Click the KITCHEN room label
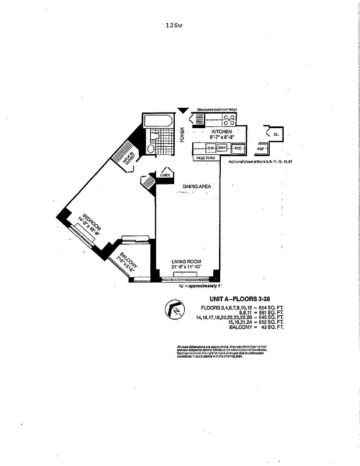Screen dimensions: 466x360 point(221,132)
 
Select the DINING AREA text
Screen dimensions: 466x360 point(197,186)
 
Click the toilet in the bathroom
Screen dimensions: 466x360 point(150,149)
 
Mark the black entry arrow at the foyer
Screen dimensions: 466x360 point(183,110)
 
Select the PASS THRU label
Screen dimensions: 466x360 point(206,158)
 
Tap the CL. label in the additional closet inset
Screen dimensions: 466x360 point(276,134)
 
